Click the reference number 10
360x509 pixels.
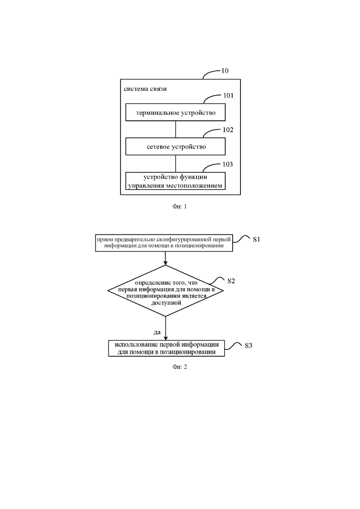[x=225, y=71]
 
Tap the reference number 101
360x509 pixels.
[x=228, y=96]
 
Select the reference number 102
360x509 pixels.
[x=228, y=130]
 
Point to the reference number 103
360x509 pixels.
[x=228, y=164]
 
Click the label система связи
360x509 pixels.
[x=145, y=89]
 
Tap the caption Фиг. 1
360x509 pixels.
[x=180, y=206]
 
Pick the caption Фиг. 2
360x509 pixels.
[x=180, y=367]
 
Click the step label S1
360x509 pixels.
[x=257, y=239]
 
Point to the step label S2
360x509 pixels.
[x=231, y=281]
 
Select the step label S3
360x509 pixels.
[x=248, y=345]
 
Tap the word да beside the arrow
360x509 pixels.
[x=157, y=332]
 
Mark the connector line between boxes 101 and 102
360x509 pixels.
[x=176, y=129]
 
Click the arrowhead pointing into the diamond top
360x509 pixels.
[x=166, y=263]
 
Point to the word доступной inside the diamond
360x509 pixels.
[x=166, y=303]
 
